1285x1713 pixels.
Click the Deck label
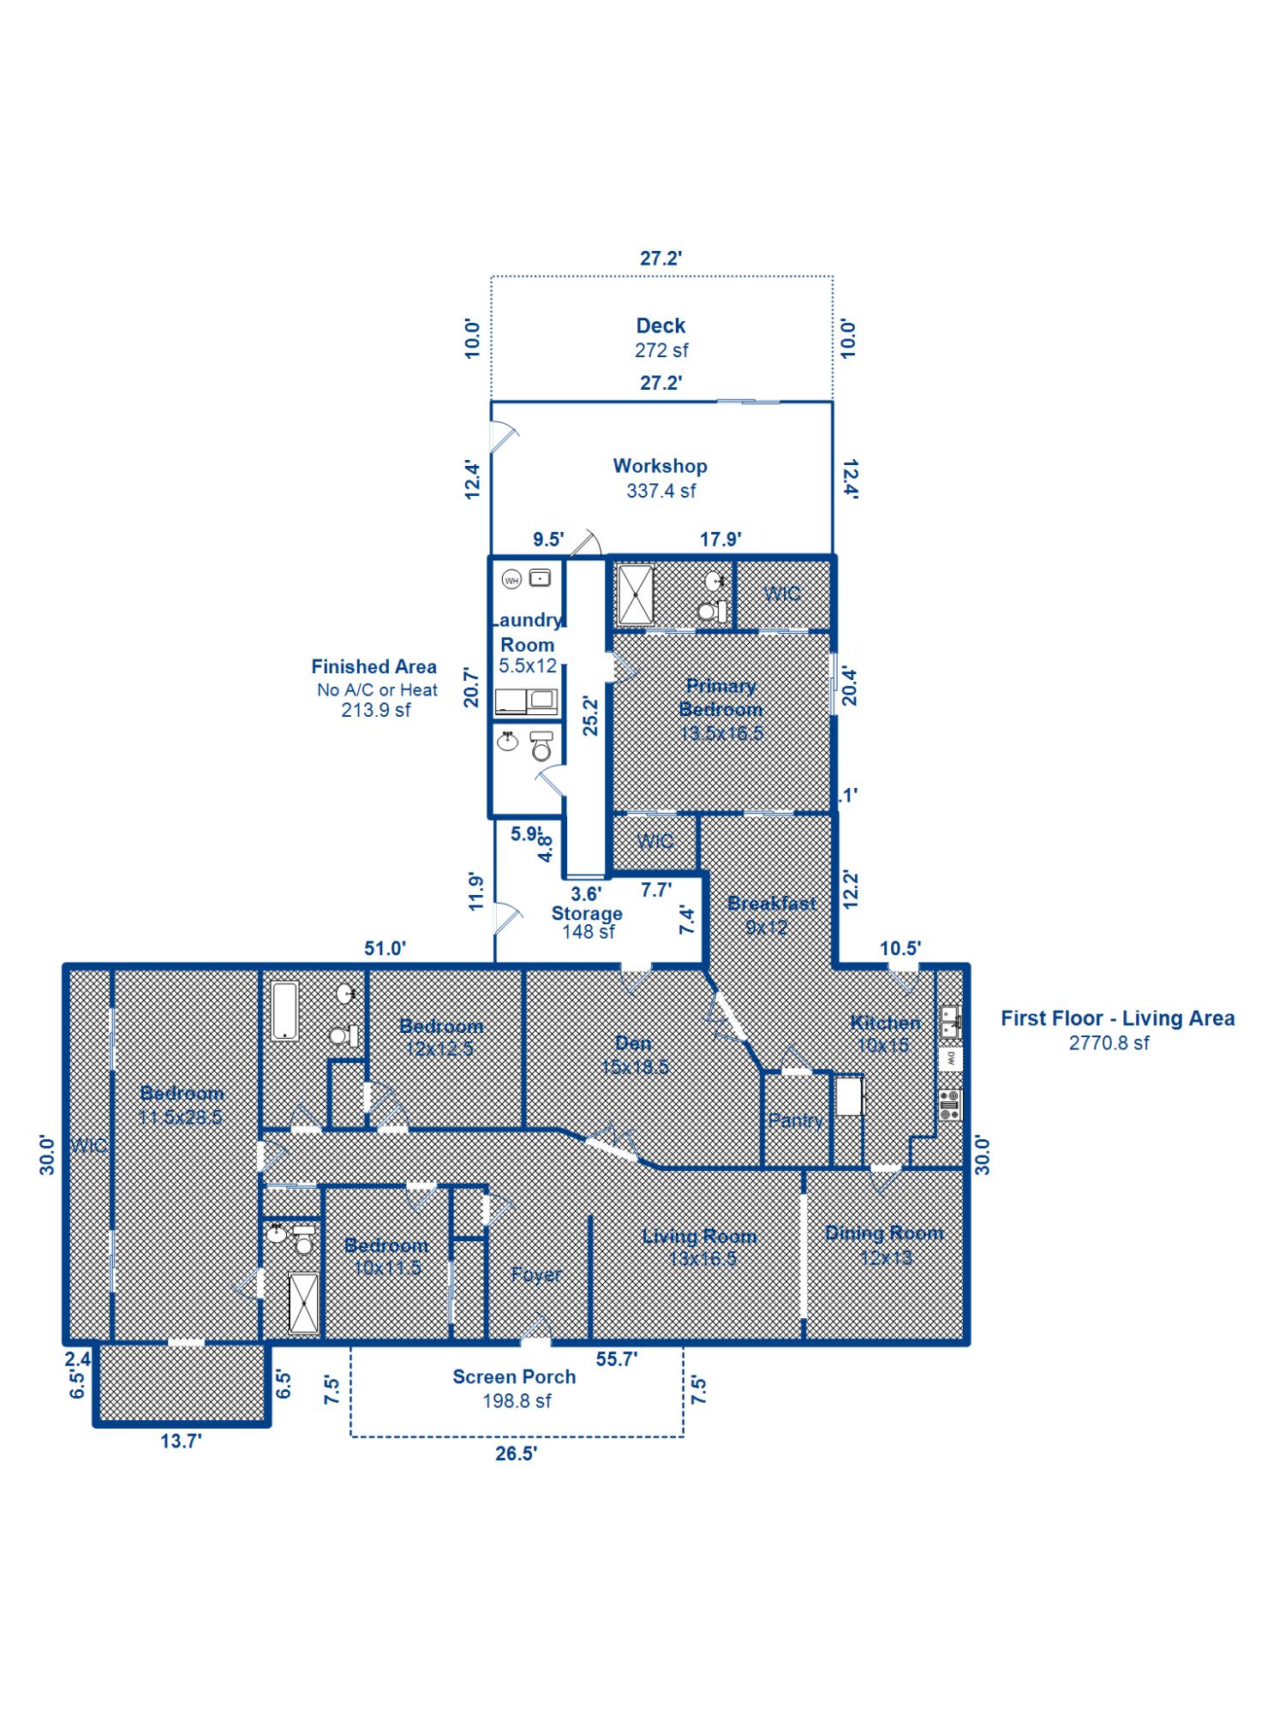click(x=660, y=326)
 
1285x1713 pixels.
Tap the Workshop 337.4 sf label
click(x=660, y=478)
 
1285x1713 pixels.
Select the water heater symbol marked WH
click(x=511, y=580)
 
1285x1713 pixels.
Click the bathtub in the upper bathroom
click(x=284, y=1011)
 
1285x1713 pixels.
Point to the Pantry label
click(x=795, y=1119)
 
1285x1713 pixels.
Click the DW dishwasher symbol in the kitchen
click(x=950, y=1059)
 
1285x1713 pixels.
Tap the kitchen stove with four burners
click(x=949, y=1105)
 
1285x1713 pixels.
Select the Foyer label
click(x=536, y=1274)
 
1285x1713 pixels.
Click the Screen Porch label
click(x=514, y=1376)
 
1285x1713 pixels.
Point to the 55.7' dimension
click(x=616, y=1358)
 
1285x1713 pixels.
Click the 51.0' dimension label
click(x=385, y=948)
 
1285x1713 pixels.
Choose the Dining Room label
click(x=884, y=1233)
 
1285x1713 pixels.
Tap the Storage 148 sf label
click(x=587, y=922)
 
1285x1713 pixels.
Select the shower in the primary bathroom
click(x=636, y=594)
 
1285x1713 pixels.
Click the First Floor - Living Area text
click(x=1117, y=1018)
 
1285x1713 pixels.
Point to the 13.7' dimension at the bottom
click(x=181, y=1441)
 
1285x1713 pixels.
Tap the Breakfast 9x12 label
click(x=771, y=914)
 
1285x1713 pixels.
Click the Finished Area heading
click(x=374, y=666)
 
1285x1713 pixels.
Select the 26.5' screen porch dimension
click(x=515, y=1453)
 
